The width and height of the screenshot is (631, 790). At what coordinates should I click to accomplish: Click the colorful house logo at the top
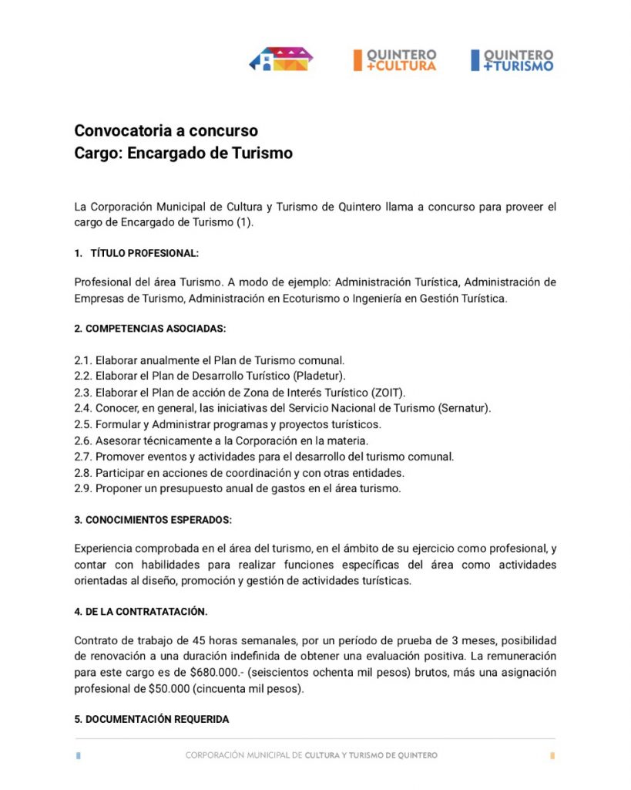[x=281, y=59]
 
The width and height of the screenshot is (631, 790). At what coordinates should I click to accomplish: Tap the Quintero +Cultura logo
[x=395, y=60]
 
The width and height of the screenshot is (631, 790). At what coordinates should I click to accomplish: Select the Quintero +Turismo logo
[x=512, y=60]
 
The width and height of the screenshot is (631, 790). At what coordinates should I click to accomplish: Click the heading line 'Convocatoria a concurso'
[x=166, y=130]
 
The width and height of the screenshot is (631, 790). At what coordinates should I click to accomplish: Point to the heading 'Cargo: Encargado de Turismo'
[x=183, y=153]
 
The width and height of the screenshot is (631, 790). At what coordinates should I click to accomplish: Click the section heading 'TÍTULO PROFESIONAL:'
[x=144, y=253]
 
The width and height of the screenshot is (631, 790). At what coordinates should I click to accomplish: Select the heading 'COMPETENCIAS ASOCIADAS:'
[x=150, y=329]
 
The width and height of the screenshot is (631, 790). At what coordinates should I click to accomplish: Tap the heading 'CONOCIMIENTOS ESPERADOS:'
[x=153, y=519]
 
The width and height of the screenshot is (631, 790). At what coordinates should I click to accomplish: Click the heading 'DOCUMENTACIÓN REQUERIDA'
[x=152, y=719]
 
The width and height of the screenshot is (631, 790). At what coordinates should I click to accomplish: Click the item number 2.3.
[x=83, y=392]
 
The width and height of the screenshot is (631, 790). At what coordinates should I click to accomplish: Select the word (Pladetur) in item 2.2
[x=321, y=376]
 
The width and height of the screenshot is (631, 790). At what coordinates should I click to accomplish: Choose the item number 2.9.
[x=83, y=488]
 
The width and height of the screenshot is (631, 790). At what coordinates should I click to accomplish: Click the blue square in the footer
[x=78, y=756]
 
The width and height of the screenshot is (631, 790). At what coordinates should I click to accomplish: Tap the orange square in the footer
[x=552, y=756]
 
